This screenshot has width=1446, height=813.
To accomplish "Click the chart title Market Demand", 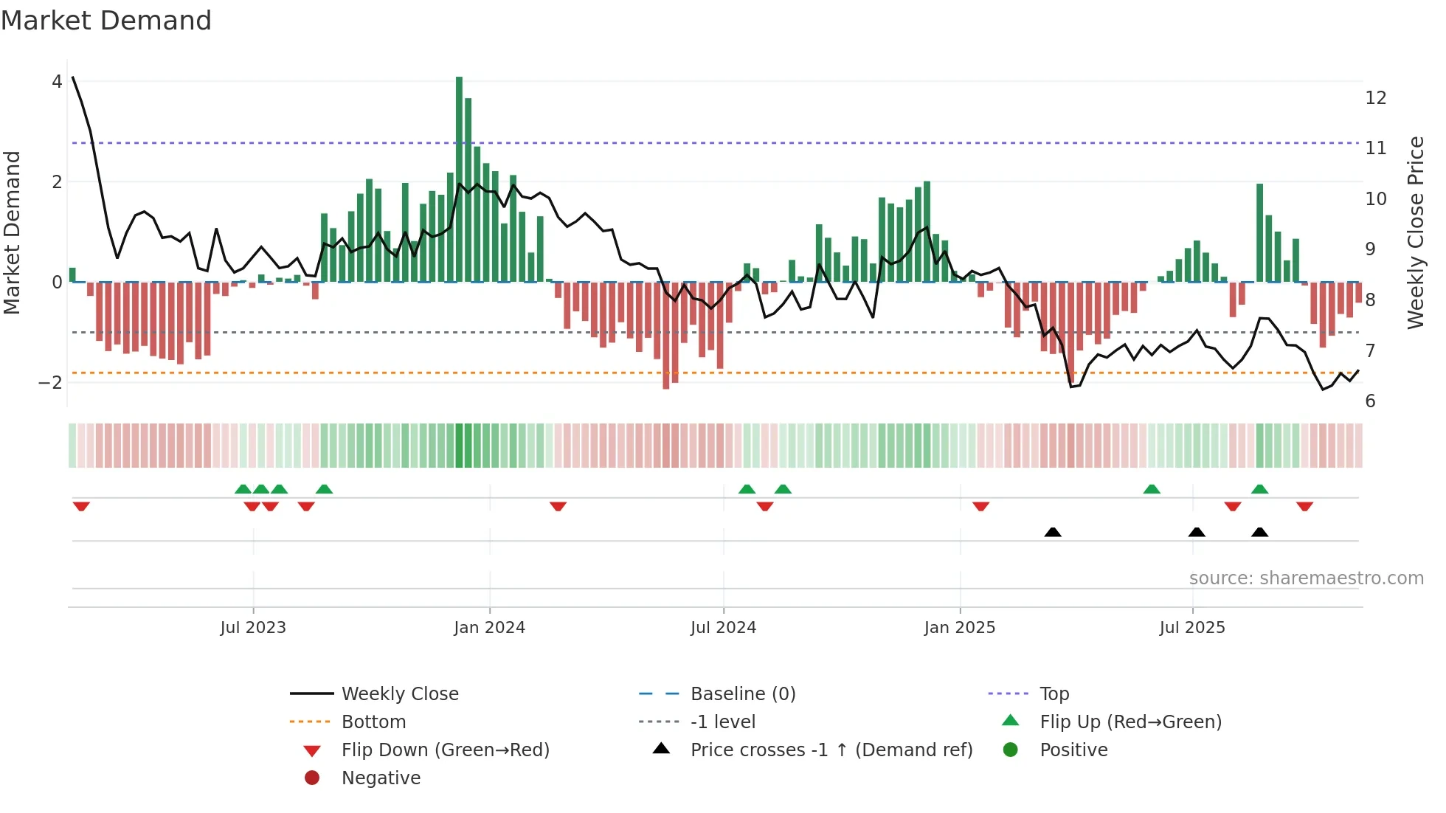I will pyautogui.click(x=106, y=21).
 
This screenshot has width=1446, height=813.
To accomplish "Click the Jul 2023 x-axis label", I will pyautogui.click(x=253, y=628).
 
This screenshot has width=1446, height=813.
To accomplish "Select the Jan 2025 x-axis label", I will pyautogui.click(x=959, y=628).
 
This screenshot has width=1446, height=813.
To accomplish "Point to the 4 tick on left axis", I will pyautogui.click(x=57, y=82).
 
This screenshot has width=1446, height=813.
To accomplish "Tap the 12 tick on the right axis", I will pyautogui.click(x=1375, y=98).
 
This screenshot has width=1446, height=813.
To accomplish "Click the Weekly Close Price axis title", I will pyautogui.click(x=1415, y=232).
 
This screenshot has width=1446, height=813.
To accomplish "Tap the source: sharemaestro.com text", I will pyautogui.click(x=1306, y=578).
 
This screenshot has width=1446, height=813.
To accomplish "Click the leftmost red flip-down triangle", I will pyautogui.click(x=81, y=506).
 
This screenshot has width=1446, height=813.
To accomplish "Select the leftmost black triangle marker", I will pyautogui.click(x=1053, y=532).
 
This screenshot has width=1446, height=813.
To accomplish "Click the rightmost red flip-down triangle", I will pyautogui.click(x=1304, y=506).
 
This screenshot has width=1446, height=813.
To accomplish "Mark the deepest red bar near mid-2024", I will pyautogui.click(x=665, y=336).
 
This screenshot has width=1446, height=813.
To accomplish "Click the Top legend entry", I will pyautogui.click(x=1054, y=694).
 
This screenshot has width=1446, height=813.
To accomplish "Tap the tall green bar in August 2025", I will pyautogui.click(x=1259, y=232).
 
